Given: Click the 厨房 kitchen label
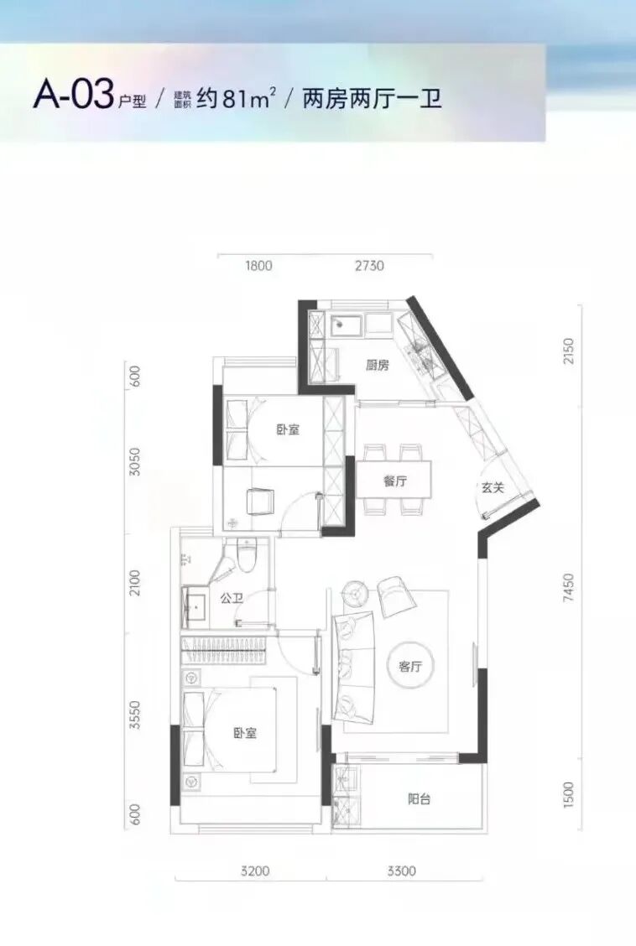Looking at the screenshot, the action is (377, 365).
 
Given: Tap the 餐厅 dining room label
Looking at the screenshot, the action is (395, 481).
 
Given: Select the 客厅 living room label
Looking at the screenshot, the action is (410, 666).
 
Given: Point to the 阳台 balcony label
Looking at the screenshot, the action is (420, 799).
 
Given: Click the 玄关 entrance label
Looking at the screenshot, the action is (493, 487).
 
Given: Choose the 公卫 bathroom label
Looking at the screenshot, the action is (232, 599).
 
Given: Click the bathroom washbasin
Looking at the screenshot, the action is (195, 607).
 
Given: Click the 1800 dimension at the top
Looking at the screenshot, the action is (259, 266).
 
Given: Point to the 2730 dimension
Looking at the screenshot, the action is (369, 266).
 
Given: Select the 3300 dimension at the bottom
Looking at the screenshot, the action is (402, 871).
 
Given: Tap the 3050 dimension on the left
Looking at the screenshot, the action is (135, 461).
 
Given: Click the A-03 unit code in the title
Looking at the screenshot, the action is (74, 96).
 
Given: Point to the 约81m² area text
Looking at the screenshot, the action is (237, 98).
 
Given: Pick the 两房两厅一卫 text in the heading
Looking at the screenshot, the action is (373, 98).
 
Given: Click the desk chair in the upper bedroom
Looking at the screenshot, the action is (260, 502).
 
